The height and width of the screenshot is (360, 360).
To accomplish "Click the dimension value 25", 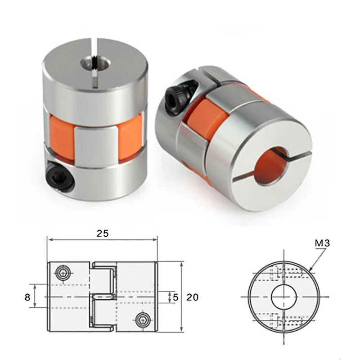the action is click(x=103, y=233).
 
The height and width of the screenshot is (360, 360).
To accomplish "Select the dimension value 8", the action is click(x=27, y=297).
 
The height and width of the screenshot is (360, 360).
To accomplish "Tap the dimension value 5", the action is click(x=175, y=297).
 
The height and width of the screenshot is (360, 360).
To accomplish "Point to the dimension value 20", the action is click(x=193, y=297).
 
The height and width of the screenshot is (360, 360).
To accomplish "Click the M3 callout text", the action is click(x=322, y=243).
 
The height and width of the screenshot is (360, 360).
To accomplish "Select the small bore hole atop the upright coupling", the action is click(x=95, y=63).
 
